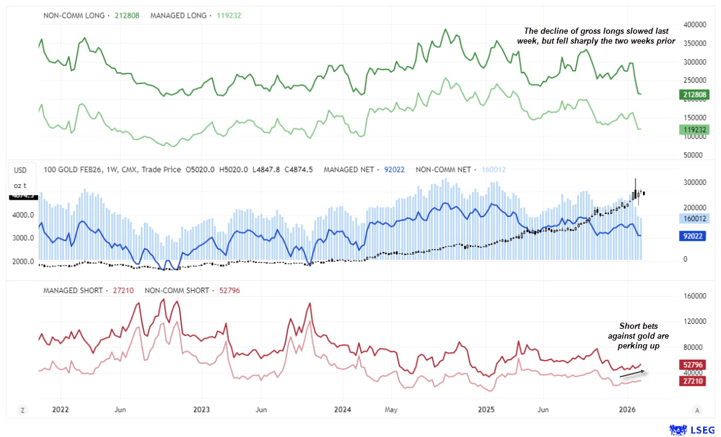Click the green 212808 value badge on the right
pos(695,95)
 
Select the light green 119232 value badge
pos(695,129)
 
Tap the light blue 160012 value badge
pos(695,218)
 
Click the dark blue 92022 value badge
pos(695,235)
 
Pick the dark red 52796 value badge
pos(695,365)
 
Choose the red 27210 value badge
pos(695,381)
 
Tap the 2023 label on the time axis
pos(202,409)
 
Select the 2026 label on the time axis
pos(626,409)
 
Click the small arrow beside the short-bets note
pos(632,372)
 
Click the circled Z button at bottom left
pos(23,410)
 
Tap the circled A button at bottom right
pos(697,410)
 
